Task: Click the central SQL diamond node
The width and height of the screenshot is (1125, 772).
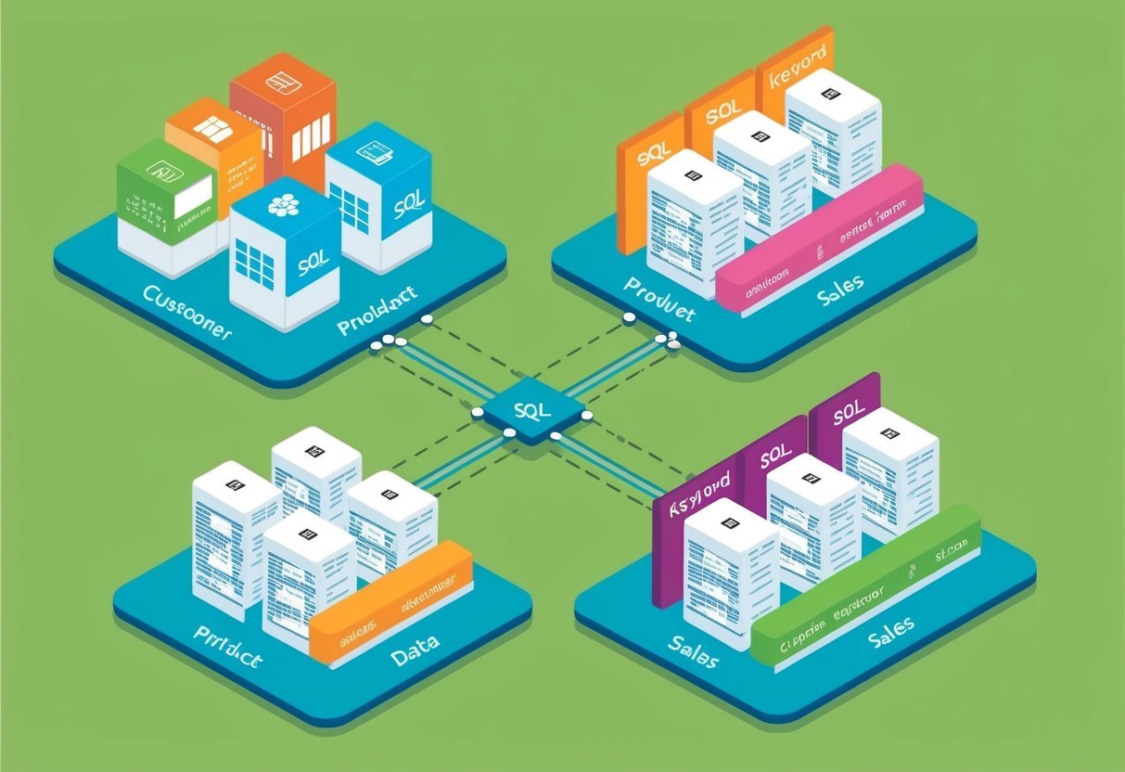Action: click(526, 409)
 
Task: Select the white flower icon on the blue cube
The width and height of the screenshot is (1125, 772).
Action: click(283, 205)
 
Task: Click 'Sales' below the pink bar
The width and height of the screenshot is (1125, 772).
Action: click(841, 284)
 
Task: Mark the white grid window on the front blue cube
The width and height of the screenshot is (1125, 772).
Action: click(253, 264)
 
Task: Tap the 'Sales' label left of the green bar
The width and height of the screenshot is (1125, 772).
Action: click(691, 652)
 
